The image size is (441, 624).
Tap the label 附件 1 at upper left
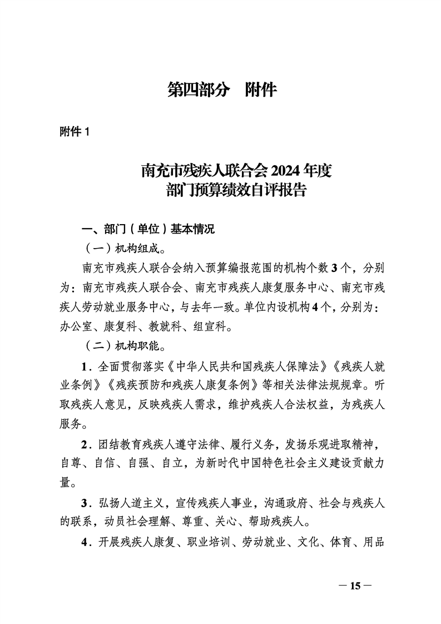pos(75,132)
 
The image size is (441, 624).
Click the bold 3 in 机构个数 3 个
pos(334,268)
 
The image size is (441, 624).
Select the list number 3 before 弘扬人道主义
pos(85,503)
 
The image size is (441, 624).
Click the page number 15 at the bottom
pos(354,586)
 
